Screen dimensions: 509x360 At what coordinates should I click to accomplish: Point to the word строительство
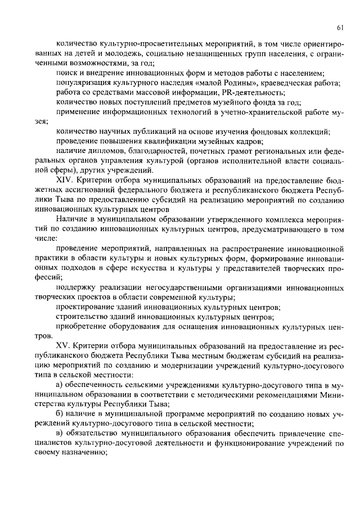(82, 317)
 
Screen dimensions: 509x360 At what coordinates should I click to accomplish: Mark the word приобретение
(83, 326)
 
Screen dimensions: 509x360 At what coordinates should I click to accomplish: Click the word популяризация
(84, 83)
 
